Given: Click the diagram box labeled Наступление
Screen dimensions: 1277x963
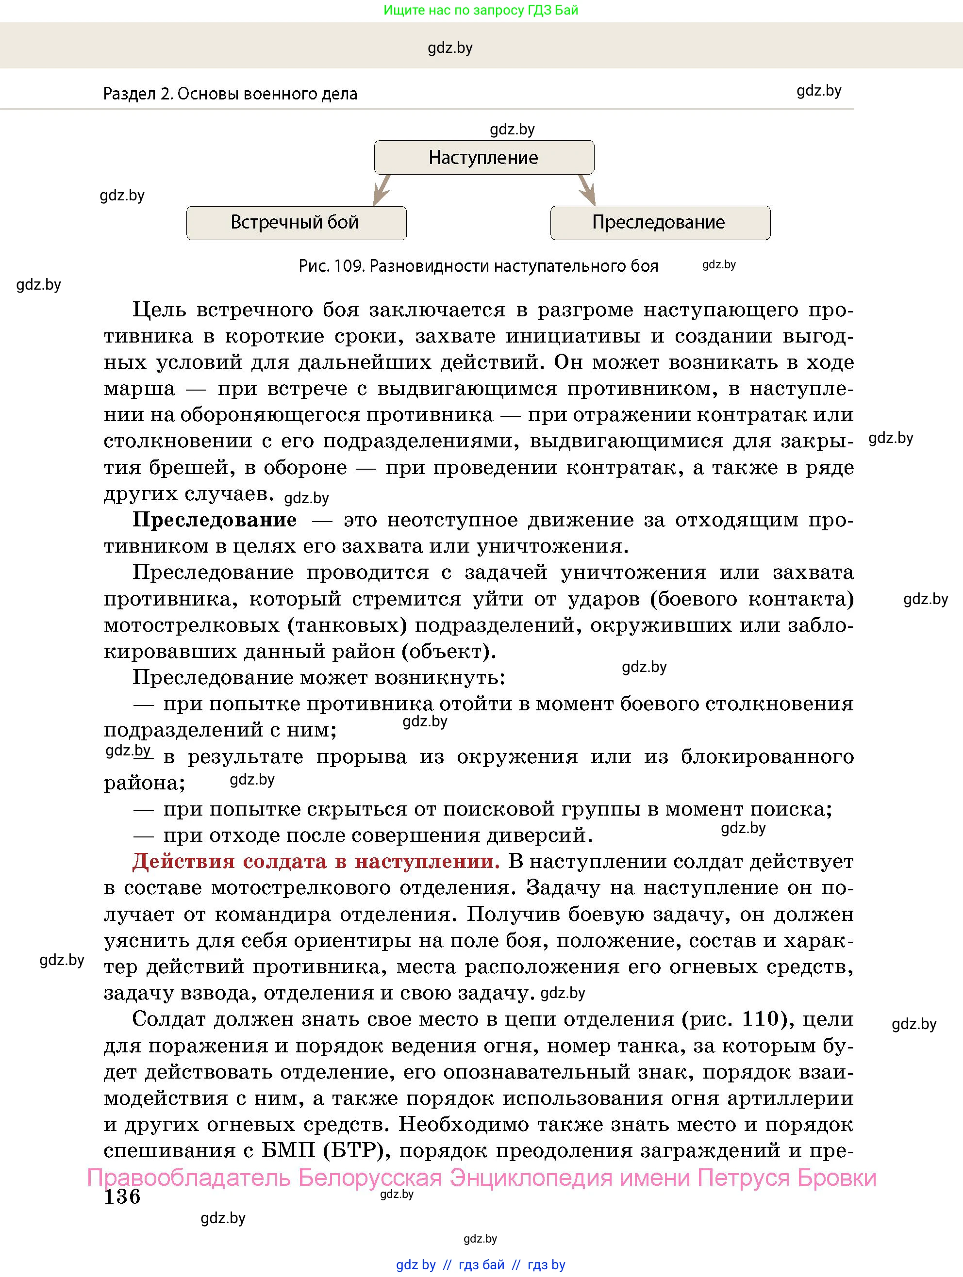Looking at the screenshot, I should tap(483, 158).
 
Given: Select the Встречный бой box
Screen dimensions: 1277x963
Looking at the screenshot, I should tap(296, 223).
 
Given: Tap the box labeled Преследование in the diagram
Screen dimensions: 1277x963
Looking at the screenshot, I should tap(660, 223).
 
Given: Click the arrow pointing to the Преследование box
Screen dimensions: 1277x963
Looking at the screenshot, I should tap(587, 190).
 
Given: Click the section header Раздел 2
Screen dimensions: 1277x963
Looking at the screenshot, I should tap(137, 94).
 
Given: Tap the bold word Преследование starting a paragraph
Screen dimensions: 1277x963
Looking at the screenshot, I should tap(215, 520).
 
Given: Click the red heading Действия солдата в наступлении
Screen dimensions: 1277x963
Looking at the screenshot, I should tap(316, 861).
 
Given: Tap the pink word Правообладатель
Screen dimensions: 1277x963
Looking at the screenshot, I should tap(189, 1177).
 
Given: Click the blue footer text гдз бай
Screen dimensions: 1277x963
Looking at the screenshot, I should tap(481, 1265).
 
